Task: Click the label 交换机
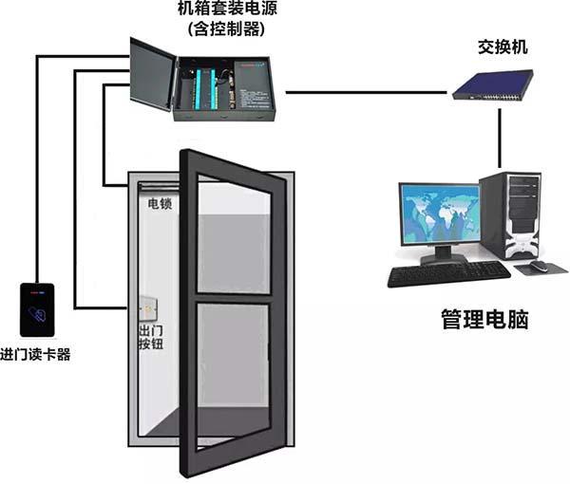click(503, 47)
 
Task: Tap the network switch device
click(492, 85)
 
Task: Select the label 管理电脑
click(484, 319)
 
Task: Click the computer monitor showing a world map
click(441, 214)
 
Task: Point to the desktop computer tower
click(509, 215)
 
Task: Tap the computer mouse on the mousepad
click(539, 266)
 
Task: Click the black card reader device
click(37, 309)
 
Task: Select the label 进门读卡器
click(35, 354)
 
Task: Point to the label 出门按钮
click(151, 337)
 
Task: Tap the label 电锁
click(160, 204)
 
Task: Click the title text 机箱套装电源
click(227, 9)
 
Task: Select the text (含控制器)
click(226, 28)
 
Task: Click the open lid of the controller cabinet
click(153, 74)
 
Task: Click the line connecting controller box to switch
click(366, 93)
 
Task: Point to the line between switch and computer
click(500, 139)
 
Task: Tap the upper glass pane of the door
click(234, 236)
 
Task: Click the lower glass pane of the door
click(233, 374)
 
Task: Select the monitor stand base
click(444, 258)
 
